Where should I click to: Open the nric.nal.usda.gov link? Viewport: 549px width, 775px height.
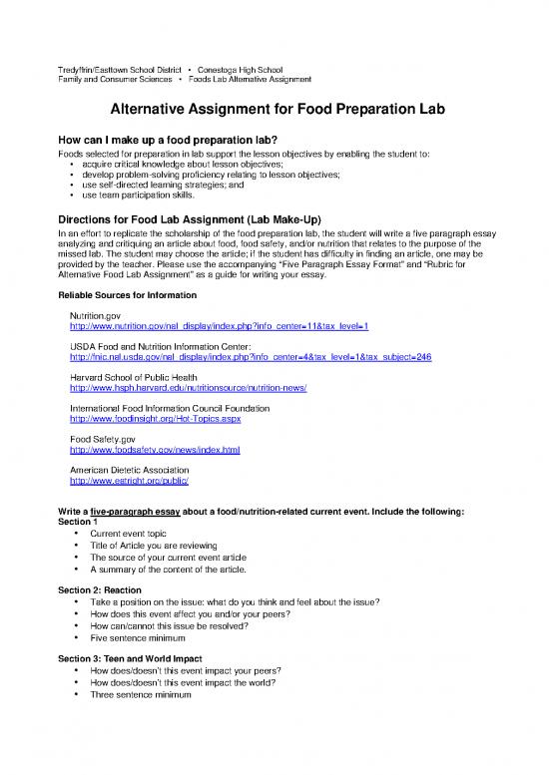pyautogui.click(x=237, y=357)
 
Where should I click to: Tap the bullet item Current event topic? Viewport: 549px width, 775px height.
pyautogui.click(x=125, y=534)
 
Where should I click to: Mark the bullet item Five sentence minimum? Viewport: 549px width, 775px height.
pyautogui.click(x=132, y=638)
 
